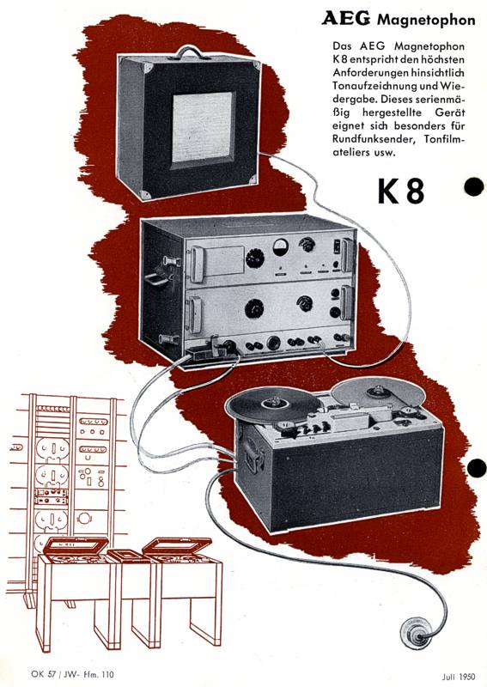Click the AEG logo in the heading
tap(345, 19)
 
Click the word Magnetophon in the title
tap(426, 20)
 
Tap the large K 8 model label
tap(401, 192)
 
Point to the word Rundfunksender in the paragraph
tap(374, 139)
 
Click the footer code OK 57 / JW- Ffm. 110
tap(73, 674)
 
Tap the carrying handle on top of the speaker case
tap(189, 52)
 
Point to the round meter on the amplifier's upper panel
tap(281, 247)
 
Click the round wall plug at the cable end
tap(415, 634)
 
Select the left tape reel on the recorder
tap(273, 405)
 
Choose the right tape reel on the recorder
tap(378, 391)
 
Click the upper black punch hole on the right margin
tap(474, 187)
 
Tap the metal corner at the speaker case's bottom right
tap(253, 179)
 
